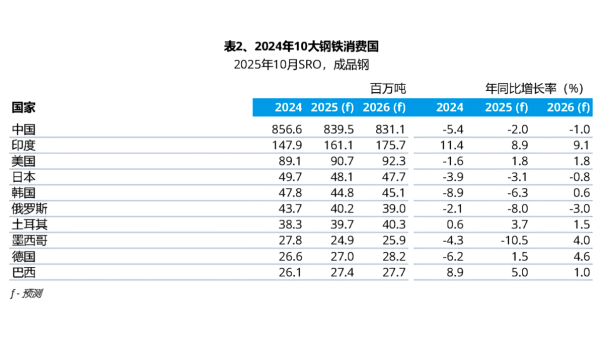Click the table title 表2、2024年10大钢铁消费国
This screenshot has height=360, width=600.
pyautogui.click(x=301, y=47)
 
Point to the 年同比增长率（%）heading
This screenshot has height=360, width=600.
pyautogui.click(x=533, y=89)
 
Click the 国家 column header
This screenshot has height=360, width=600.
pyautogui.click(x=25, y=107)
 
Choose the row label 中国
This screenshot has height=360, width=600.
pyautogui.click(x=25, y=130)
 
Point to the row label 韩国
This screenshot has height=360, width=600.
pyautogui.click(x=25, y=191)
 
